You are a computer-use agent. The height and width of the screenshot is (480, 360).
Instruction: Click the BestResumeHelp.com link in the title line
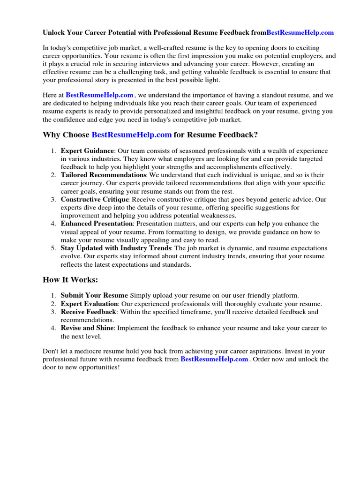tap(300, 32)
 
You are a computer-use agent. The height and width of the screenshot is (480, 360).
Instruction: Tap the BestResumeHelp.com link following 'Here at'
tap(99, 95)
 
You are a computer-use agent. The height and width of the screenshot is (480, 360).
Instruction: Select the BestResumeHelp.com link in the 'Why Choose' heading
tap(131, 135)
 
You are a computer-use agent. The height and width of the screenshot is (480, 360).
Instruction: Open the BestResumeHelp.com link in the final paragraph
tap(214, 359)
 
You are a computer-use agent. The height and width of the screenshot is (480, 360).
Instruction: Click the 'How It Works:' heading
tap(70, 280)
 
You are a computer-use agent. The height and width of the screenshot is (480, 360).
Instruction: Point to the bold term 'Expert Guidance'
tap(87, 151)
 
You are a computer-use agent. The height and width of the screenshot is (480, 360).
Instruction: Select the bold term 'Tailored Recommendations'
tap(104, 175)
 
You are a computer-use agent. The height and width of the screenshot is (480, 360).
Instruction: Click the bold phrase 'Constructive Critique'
tap(94, 199)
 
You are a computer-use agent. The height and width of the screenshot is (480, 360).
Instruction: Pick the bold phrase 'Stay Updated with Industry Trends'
tap(116, 248)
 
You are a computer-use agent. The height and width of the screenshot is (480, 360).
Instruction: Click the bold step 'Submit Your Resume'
tap(94, 295)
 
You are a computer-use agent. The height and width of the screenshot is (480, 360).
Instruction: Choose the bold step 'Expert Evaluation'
tap(89, 304)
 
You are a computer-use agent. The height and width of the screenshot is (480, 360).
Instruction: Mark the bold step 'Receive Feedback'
tap(88, 312)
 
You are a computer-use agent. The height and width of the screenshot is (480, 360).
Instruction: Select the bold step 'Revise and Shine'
tap(87, 328)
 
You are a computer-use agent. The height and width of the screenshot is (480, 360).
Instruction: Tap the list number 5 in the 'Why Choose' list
tap(53, 248)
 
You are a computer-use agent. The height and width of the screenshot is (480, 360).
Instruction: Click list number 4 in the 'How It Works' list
tap(53, 328)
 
